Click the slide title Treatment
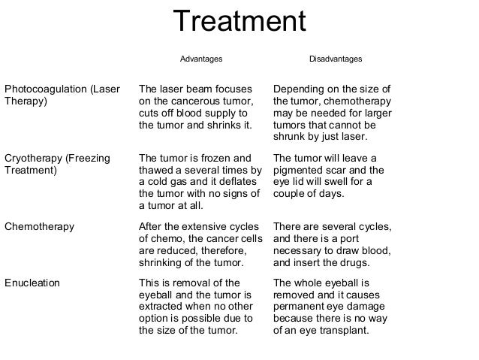pyautogui.click(x=239, y=23)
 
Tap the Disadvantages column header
pyautogui.click(x=336, y=59)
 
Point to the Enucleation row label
pyautogui.click(x=33, y=283)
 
